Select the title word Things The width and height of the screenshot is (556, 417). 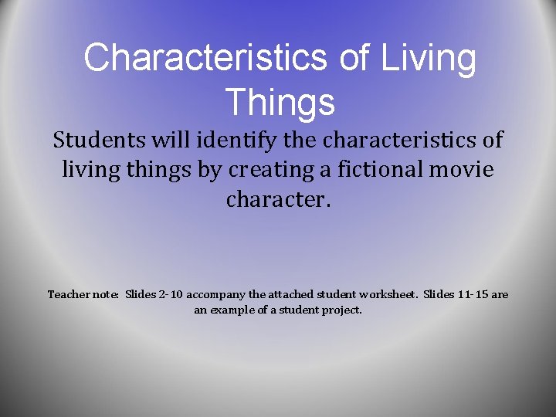pos(280,102)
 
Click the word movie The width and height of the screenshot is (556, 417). pos(461,169)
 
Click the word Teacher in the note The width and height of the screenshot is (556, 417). pos(66,294)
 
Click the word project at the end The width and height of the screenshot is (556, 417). pos(343,310)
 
